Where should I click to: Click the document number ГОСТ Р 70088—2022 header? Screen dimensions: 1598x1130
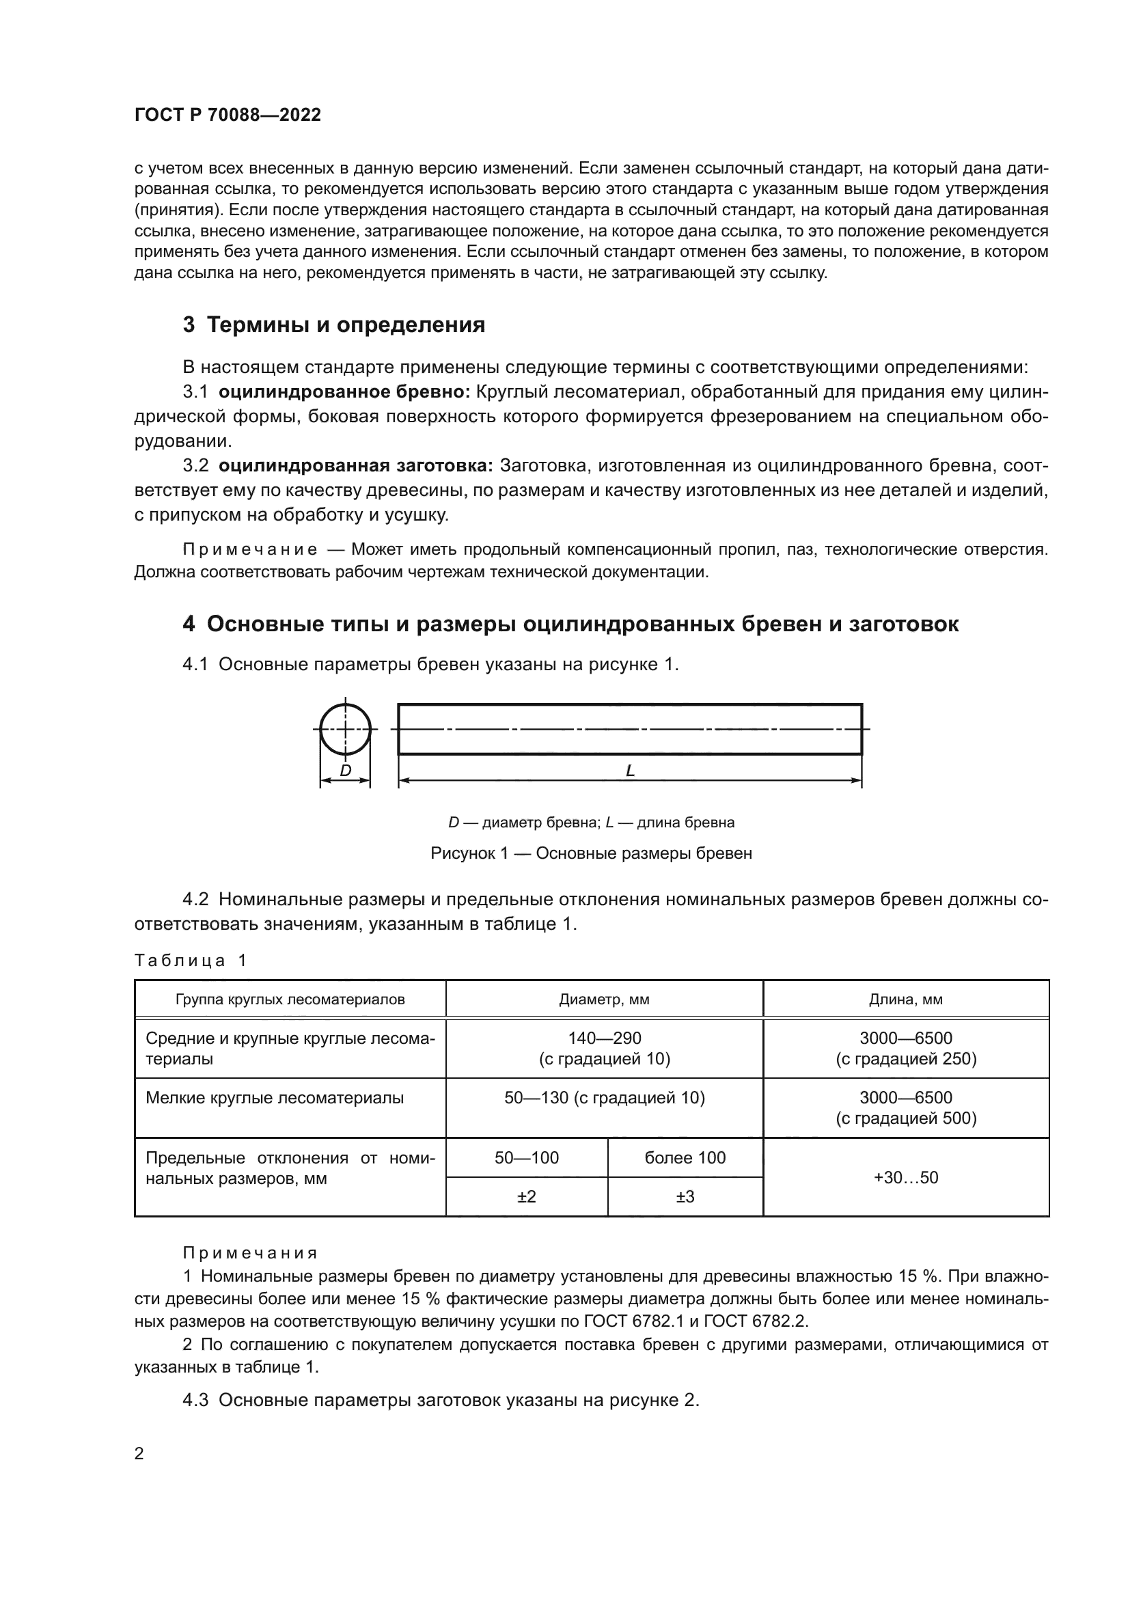pos(228,115)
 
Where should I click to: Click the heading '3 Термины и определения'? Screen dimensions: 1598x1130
pos(333,325)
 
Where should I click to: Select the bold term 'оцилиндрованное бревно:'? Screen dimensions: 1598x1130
pos(344,392)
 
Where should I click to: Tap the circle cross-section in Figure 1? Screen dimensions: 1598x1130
pos(345,729)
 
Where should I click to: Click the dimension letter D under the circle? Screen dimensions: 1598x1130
pos(345,771)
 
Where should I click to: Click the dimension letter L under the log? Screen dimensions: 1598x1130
pos(630,771)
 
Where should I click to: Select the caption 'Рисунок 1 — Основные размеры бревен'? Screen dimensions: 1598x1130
pos(591,853)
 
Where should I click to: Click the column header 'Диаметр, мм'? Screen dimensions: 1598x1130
pos(604,1000)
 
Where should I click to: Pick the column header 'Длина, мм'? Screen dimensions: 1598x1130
pos(905,1000)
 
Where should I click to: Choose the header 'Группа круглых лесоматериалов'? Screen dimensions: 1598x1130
pos(290,1000)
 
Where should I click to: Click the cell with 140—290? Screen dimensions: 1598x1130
pos(604,1038)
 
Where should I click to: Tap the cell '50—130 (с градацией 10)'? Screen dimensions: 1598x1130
pos(604,1099)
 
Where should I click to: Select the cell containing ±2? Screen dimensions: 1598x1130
pos(527,1197)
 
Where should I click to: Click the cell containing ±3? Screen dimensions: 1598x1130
pos(685,1197)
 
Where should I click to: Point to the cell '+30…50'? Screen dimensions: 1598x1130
pos(905,1178)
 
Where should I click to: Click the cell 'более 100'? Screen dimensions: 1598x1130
pos(685,1158)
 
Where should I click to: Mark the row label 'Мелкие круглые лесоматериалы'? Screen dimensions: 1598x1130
pos(274,1099)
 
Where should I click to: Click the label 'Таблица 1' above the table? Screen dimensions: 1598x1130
pos(190,961)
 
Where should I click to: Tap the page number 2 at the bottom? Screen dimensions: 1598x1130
pos(139,1454)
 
